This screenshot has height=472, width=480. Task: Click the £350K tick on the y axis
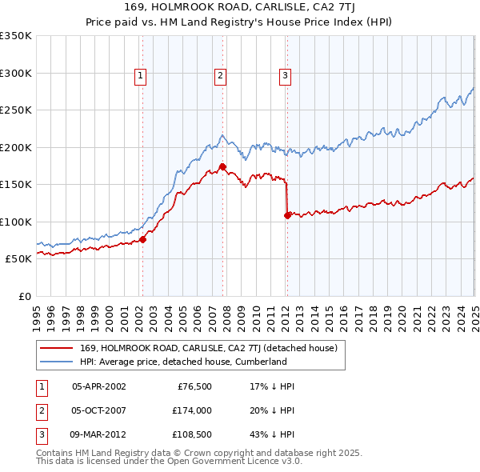16,36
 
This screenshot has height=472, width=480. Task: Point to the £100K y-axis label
16,222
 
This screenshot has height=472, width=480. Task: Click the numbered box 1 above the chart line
140,76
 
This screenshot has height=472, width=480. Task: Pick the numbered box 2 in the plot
220,76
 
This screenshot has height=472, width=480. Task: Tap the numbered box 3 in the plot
285,76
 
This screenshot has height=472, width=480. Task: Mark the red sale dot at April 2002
143,238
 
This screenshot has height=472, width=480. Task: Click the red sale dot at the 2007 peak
223,166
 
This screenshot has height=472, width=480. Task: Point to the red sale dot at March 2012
287,215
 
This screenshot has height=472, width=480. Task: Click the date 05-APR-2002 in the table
99,386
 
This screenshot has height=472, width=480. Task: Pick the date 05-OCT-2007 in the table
99,412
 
